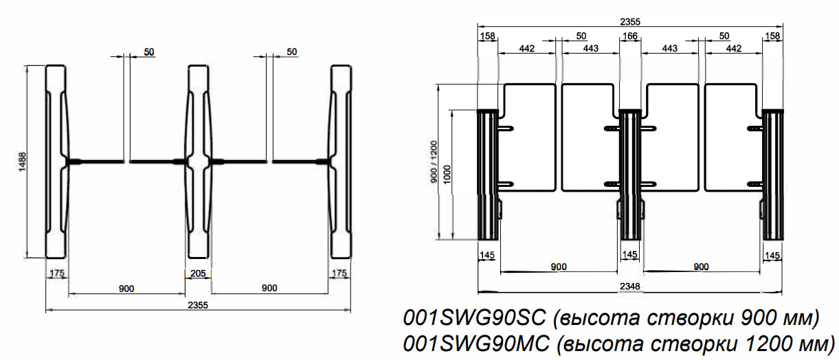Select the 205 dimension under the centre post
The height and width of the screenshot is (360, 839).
pos(199,273)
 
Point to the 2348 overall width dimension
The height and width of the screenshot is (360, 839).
pos(631,286)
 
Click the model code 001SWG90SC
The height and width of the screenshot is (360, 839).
pos(474,319)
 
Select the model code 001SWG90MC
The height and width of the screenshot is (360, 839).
pos(475,343)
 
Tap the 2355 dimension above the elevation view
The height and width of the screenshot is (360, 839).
pos(630,21)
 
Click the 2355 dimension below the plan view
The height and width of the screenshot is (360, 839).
pos(197,304)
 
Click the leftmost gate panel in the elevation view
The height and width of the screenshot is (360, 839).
pos(528,137)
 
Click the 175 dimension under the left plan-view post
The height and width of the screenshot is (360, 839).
pos(57,273)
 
